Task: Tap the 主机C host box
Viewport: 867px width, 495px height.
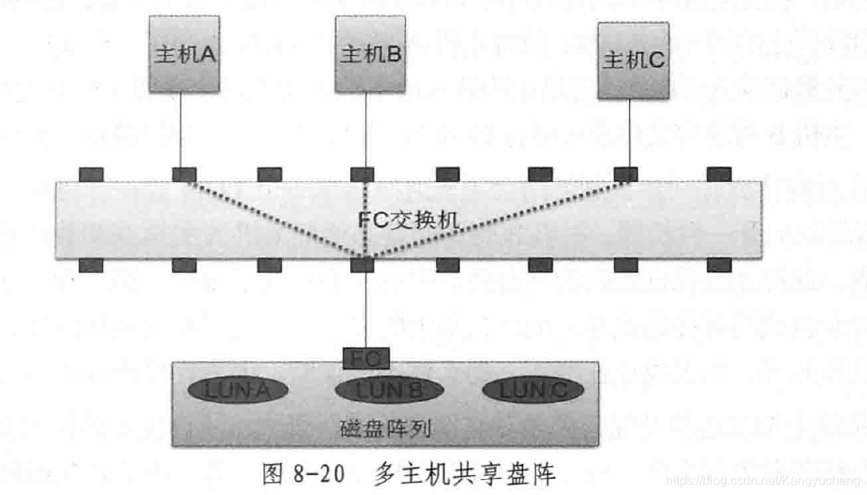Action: pos(632,61)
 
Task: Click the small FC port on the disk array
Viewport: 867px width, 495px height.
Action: pos(365,359)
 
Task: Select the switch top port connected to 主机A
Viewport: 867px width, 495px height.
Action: pos(184,174)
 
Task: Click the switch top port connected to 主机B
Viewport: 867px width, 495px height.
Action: pos(362,174)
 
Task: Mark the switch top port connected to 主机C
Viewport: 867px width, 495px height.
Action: pos(625,174)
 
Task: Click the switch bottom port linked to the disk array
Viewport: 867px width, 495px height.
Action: pos(362,265)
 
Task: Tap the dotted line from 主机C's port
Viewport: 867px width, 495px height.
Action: pos(495,220)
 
